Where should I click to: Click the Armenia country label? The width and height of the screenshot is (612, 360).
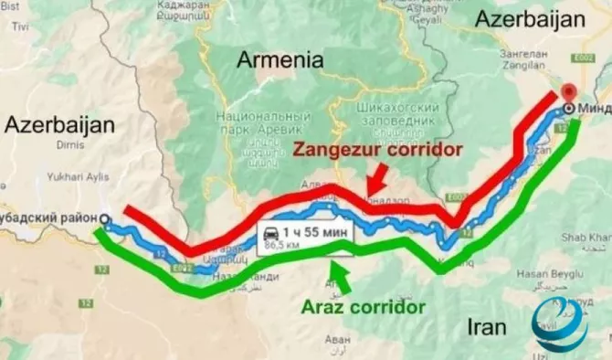coord(280,61)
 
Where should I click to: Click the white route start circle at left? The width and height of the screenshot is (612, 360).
coord(104,219)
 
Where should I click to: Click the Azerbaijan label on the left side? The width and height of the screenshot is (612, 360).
coord(60,126)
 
